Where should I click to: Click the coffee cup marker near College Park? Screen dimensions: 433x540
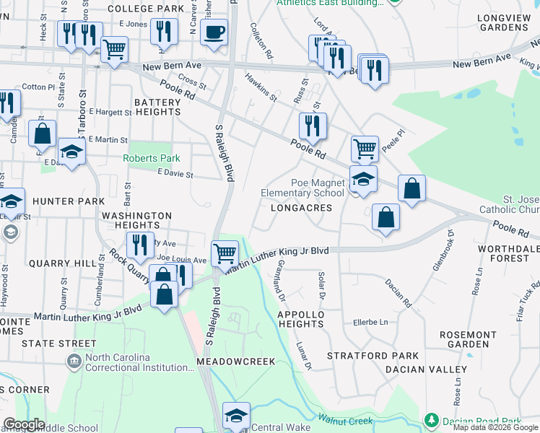[x=214, y=32]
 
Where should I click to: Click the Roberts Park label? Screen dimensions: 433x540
[x=151, y=158]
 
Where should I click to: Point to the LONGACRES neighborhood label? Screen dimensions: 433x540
[x=301, y=208]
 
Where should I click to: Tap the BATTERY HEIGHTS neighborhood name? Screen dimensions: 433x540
[x=157, y=108]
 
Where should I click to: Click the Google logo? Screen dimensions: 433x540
[x=24, y=424]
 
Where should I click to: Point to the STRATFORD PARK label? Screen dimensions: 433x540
[x=373, y=356]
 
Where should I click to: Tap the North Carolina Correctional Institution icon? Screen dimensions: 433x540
[x=74, y=361]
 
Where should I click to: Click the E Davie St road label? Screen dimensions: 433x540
[x=176, y=174]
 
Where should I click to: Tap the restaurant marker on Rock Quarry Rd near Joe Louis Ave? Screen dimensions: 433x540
[x=140, y=246]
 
